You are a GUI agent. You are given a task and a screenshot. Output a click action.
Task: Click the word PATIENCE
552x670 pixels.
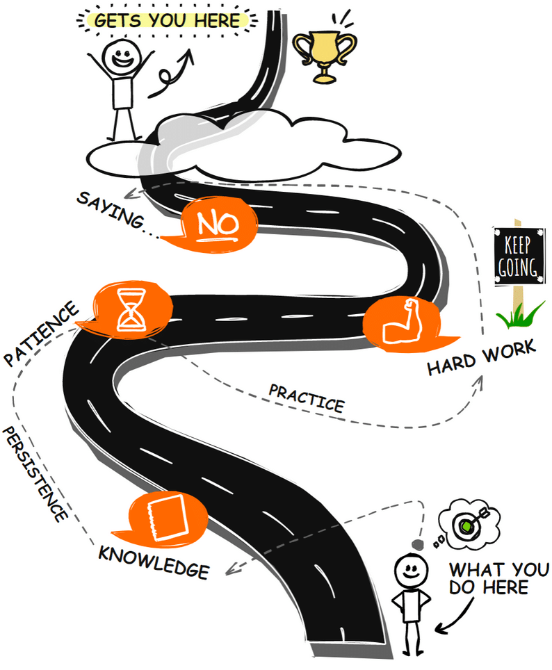click(x=41, y=334)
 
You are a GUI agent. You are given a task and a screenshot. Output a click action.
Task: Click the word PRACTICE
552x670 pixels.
click(x=306, y=396)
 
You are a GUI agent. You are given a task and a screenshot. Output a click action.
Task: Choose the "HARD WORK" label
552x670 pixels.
click(x=481, y=357)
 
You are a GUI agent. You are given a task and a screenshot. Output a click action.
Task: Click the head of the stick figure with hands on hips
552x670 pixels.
click(x=409, y=573)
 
